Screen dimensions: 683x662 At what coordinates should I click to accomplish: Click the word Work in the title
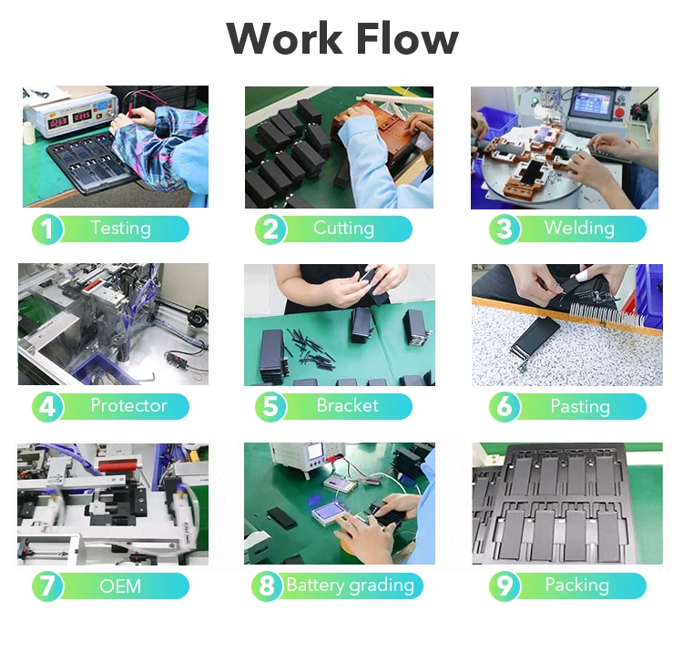pos(284,38)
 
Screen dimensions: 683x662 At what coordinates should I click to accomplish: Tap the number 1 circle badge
pos(47,229)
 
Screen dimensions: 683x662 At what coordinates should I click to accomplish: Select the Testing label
pos(120,229)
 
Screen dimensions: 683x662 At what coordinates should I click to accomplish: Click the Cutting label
pos(343,229)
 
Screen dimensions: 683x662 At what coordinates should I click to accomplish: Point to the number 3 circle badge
pos(505,229)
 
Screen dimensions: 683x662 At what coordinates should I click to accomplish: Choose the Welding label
pos(579,228)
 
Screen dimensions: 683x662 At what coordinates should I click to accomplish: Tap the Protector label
pos(129,405)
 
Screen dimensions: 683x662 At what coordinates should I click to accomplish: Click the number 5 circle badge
pos(270,406)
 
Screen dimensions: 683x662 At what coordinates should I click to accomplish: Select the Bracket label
pos(348,405)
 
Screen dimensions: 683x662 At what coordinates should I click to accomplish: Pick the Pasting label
pos(580,406)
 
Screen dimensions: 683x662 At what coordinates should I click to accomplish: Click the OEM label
pos(120,586)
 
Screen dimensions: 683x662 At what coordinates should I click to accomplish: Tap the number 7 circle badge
pos(47,586)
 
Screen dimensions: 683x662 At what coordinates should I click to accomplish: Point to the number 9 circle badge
pos(505,586)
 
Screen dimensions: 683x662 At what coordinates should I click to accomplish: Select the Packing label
pos(576,586)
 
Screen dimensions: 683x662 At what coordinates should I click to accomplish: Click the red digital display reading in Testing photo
pos(70,118)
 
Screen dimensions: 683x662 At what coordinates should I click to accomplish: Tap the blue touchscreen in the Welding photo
pos(594,104)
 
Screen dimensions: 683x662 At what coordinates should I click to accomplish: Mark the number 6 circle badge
pos(505,406)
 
